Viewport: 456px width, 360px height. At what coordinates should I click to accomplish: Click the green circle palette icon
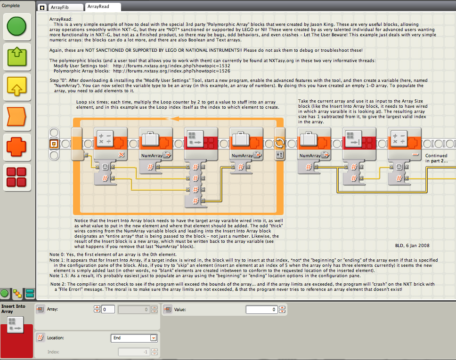[x=16, y=26]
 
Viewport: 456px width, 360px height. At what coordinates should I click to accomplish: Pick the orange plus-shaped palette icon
[x=16, y=147]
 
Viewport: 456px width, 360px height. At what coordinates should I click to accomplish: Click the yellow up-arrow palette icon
[x=16, y=87]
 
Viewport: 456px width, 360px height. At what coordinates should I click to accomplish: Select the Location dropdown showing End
[x=134, y=338]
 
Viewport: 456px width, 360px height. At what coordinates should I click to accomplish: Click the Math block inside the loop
[x=111, y=144]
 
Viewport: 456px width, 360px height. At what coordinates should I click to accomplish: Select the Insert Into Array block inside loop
[x=201, y=144]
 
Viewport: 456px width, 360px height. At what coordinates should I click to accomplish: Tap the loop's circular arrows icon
[x=279, y=143]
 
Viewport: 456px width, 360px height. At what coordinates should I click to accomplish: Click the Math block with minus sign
[x=405, y=144]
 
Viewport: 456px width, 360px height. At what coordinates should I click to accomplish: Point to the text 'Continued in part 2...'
[x=437, y=158]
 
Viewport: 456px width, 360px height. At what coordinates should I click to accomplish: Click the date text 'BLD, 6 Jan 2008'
[x=412, y=246]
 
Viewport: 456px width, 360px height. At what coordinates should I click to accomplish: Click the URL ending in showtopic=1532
[x=171, y=66]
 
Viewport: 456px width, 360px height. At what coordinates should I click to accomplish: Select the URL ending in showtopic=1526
[x=171, y=71]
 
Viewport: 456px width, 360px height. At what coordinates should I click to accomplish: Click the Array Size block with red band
[x=359, y=144]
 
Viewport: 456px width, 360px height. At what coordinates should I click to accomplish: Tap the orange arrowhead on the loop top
[x=174, y=119]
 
